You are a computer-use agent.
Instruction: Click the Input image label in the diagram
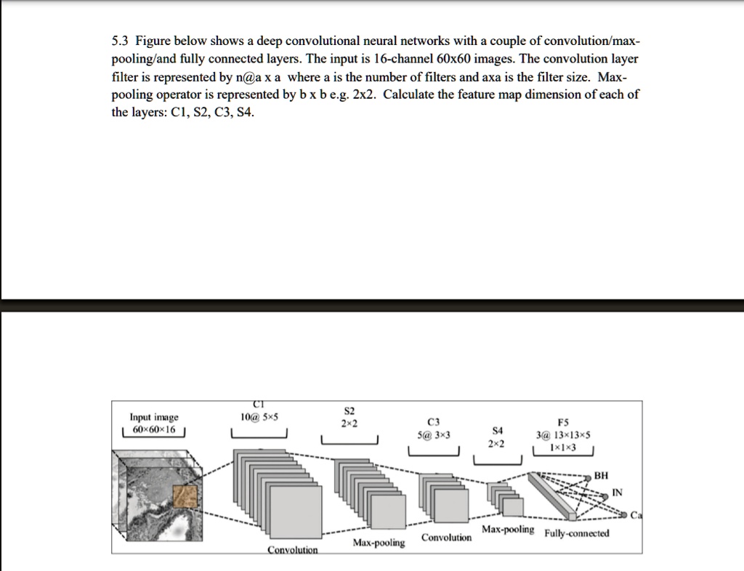153,417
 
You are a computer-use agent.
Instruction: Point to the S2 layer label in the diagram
349,410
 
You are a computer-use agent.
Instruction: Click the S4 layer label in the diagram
497,430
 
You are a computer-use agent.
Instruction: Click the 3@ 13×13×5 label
563,435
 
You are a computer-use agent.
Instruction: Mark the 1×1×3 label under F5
563,448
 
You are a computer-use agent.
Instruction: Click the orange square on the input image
185,498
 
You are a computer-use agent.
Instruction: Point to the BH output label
601,476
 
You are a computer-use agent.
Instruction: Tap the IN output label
617,493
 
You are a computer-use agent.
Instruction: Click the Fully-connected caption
577,533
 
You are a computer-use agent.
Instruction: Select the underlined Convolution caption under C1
293,550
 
